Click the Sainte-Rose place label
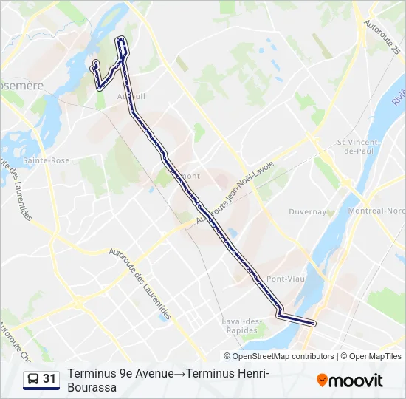[46, 160]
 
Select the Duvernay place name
[308, 211]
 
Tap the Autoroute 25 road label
[385, 38]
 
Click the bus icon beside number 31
[33, 379]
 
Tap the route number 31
[49, 379]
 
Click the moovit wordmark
[356, 381]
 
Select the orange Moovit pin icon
[322, 381]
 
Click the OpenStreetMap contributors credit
[283, 356]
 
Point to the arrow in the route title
[179, 374]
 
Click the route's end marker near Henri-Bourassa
[314, 323]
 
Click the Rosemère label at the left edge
[21, 86]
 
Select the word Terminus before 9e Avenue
[90, 374]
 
